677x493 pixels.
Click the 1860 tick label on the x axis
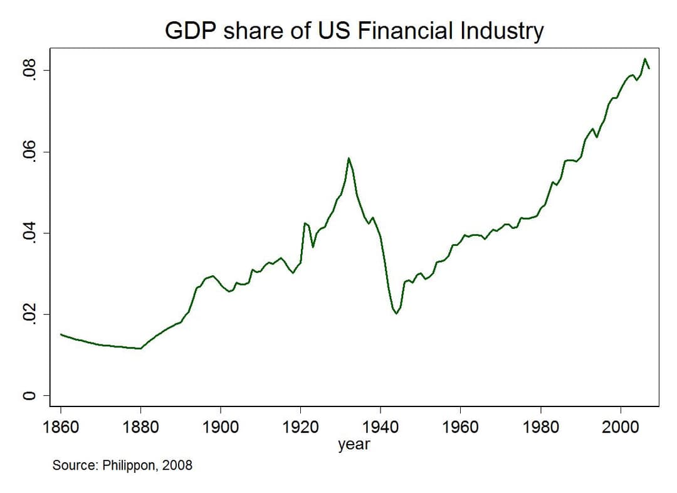(61, 428)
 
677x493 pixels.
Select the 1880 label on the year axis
(140, 428)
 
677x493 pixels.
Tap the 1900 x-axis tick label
(221, 428)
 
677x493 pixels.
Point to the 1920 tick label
(301, 428)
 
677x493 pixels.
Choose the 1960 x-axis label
(461, 428)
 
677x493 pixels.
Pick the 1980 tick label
(541, 428)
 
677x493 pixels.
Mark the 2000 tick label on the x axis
(621, 428)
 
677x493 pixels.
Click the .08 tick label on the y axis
(26, 72)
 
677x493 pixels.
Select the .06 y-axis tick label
(26, 152)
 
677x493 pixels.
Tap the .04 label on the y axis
(26, 233)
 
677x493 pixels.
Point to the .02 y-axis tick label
(26, 314)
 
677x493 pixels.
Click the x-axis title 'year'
(354, 445)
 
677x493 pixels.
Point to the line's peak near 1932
(349, 158)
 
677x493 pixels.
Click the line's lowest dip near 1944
(396, 313)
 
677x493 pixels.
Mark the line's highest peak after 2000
(644, 59)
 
